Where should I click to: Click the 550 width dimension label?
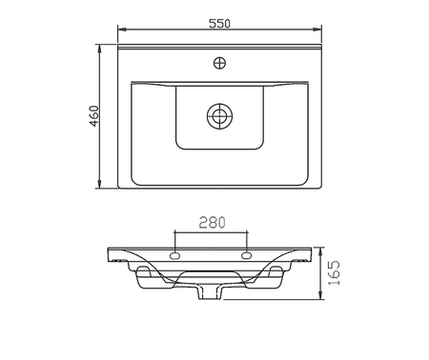click(x=219, y=24)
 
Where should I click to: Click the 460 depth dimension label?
click(x=94, y=116)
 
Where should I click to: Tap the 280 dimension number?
click(x=213, y=223)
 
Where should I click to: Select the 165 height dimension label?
click(x=334, y=273)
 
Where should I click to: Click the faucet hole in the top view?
click(x=219, y=63)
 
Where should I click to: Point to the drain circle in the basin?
click(x=219, y=116)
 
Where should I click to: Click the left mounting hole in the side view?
click(x=175, y=255)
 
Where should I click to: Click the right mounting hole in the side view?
click(x=247, y=255)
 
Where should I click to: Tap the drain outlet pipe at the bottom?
click(x=211, y=292)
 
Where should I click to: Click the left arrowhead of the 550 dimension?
click(x=122, y=30)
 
